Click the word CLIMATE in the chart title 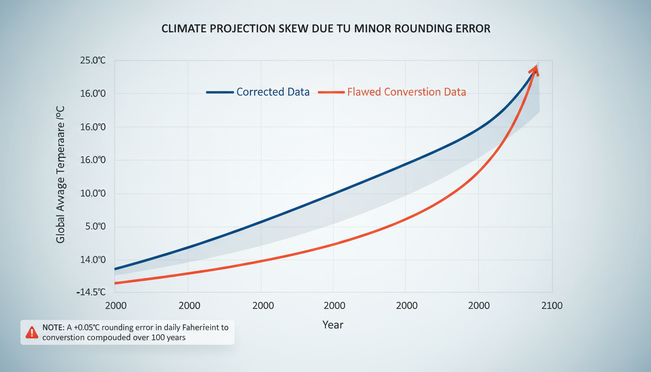(183, 29)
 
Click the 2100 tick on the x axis (552, 306)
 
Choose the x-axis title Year (333, 325)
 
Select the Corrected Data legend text (273, 92)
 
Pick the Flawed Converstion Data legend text (406, 92)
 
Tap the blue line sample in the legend (220, 92)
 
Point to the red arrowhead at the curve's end (535, 69)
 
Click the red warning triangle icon (31, 332)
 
